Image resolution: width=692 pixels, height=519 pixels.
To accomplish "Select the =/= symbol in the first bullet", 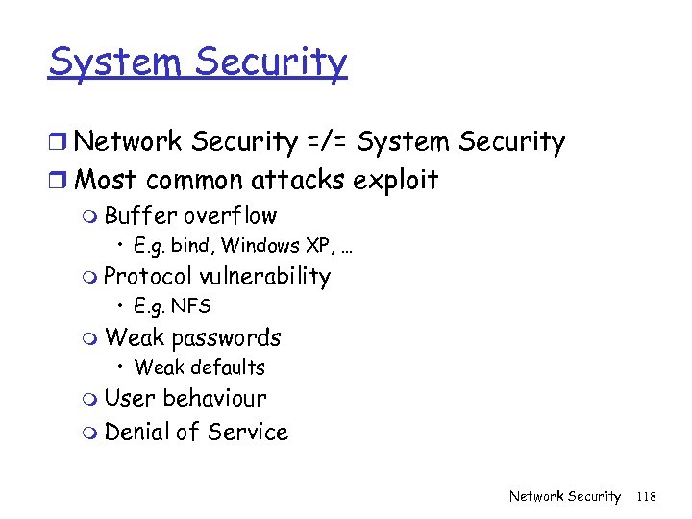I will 328,142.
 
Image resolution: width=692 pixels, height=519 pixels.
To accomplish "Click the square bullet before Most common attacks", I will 59,181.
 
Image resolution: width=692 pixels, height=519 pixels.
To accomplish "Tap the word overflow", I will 231,216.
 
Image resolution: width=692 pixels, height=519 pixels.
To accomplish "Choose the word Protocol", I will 148,277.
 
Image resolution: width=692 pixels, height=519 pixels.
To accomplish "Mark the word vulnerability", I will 265,277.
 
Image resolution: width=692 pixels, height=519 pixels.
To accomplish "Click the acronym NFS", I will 191,307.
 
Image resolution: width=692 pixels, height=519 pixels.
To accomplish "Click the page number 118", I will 646,496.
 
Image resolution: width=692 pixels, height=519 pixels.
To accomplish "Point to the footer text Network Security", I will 565,496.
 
